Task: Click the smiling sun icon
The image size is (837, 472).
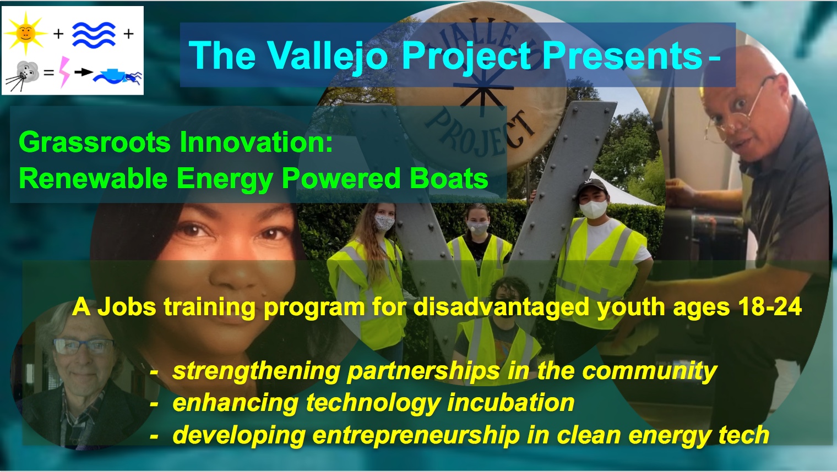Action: [x=25, y=34]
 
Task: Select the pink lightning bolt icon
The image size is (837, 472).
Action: [x=64, y=72]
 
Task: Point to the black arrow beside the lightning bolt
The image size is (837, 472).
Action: [x=84, y=72]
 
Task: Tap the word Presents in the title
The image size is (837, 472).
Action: [x=622, y=56]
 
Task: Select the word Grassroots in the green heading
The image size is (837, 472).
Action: [x=95, y=142]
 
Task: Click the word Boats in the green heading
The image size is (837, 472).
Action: [x=449, y=178]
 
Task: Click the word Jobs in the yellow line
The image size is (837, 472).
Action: [x=127, y=307]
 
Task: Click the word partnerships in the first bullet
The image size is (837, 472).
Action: [x=423, y=371]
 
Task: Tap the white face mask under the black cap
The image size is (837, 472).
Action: [x=594, y=208]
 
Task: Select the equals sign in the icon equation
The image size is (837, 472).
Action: [x=48, y=73]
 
